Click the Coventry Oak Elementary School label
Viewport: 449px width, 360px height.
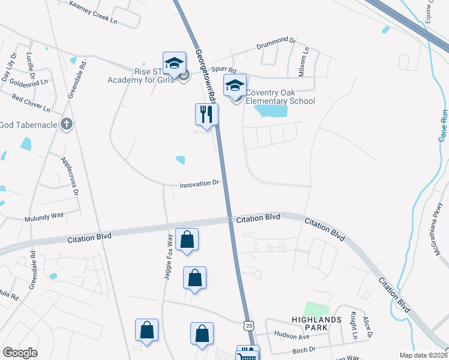point(280,96)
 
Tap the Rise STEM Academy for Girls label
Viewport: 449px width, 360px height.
point(140,74)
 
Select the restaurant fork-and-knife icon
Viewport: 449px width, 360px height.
point(206,113)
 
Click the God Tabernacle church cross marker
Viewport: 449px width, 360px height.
point(67,124)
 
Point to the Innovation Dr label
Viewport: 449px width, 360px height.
point(201,184)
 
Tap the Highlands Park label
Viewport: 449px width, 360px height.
point(309,323)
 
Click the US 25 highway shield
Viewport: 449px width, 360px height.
point(249,325)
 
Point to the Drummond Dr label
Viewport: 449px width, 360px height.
point(277,43)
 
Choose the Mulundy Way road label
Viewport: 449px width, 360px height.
point(44,216)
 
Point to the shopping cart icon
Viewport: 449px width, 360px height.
point(247,354)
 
